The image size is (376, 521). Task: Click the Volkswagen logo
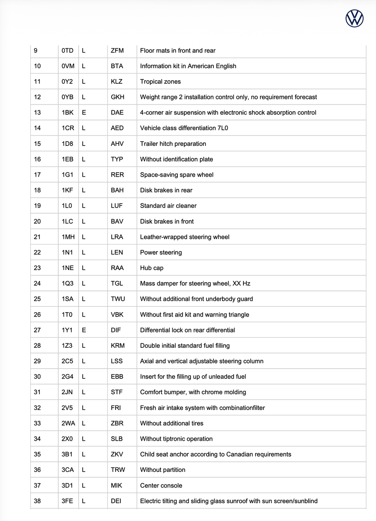(354, 19)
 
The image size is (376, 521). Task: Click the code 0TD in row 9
(67, 50)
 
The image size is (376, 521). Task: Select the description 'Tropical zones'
(160, 82)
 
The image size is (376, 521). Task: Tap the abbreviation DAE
(117, 112)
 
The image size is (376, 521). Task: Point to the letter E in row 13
(84, 112)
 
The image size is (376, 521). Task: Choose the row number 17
(37, 175)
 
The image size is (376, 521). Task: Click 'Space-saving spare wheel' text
(176, 175)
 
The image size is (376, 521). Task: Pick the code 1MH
(68, 237)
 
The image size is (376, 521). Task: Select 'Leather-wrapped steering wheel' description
(185, 237)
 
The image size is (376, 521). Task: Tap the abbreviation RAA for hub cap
(117, 268)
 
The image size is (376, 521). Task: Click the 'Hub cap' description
(152, 268)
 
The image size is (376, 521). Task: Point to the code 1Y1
(67, 330)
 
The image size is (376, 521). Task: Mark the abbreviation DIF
(116, 330)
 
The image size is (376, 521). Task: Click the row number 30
(37, 376)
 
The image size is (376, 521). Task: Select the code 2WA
(68, 423)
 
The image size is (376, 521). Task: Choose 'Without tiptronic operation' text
(176, 439)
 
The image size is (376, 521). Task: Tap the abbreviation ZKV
(117, 454)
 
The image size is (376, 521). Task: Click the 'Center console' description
(161, 485)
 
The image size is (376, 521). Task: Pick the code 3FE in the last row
(67, 501)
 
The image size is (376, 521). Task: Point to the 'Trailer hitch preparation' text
(173, 144)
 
